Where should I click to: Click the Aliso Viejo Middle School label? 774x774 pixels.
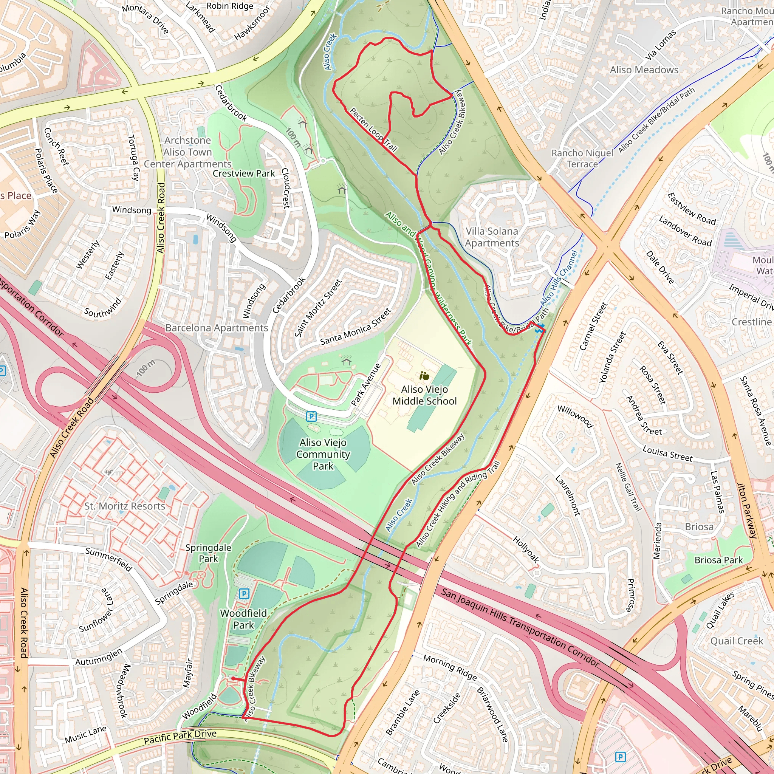[x=424, y=395]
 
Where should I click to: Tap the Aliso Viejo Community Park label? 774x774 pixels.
[x=323, y=454]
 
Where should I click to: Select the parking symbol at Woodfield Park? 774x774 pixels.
[x=244, y=593]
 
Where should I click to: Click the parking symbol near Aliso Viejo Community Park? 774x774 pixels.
[x=311, y=416]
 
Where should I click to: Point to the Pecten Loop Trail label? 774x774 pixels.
[x=373, y=130]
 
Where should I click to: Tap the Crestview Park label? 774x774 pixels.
[x=244, y=173]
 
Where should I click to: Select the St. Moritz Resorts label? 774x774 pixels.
[x=125, y=506]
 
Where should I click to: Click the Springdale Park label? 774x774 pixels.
[x=208, y=553]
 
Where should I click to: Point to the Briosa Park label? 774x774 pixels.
[x=718, y=560]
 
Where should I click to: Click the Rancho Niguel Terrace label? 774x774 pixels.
[x=582, y=158]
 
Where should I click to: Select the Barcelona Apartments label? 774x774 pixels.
[x=216, y=328]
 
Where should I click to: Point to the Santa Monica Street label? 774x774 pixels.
[x=355, y=327]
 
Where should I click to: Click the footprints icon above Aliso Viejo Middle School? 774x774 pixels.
[x=424, y=376]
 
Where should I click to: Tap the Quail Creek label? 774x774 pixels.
[x=736, y=641]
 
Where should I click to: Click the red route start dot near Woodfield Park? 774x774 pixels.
[x=233, y=679]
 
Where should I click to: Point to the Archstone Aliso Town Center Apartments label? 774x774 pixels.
[x=187, y=152]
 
